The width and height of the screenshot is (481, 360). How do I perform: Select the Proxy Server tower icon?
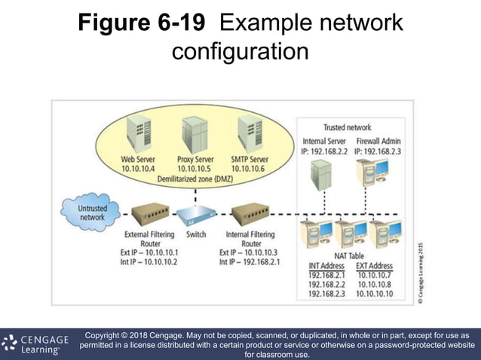coord(195,133)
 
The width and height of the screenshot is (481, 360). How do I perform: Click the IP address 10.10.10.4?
coord(138,169)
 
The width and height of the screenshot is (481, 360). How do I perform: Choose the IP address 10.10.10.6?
coord(250,169)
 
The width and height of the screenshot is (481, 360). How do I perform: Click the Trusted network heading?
coord(347,127)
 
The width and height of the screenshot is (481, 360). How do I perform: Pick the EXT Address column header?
coord(374,266)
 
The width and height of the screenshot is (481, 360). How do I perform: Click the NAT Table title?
coord(349,256)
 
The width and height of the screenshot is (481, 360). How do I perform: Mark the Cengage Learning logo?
coord(34,343)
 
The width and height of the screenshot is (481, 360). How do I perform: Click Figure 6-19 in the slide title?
coord(141,23)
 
